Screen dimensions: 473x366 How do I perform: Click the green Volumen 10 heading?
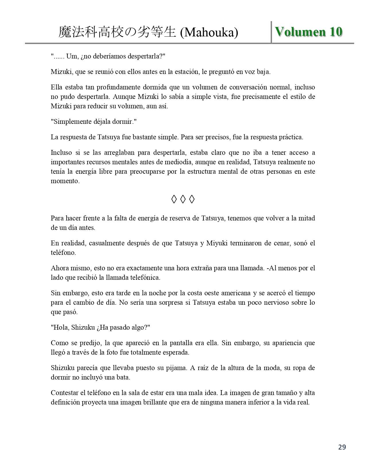[x=309, y=32]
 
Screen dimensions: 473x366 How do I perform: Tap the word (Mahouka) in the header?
[x=209, y=33]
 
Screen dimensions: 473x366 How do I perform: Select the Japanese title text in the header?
[x=117, y=33]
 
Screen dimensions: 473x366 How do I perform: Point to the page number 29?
[x=342, y=447]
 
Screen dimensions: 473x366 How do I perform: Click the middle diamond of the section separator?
[x=183, y=199]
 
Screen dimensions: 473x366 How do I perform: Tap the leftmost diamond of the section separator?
[x=174, y=199]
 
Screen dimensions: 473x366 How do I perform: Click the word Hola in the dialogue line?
[x=60, y=327]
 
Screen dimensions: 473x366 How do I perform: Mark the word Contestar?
[x=65, y=393]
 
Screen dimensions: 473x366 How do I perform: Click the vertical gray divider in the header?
[x=271, y=32]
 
